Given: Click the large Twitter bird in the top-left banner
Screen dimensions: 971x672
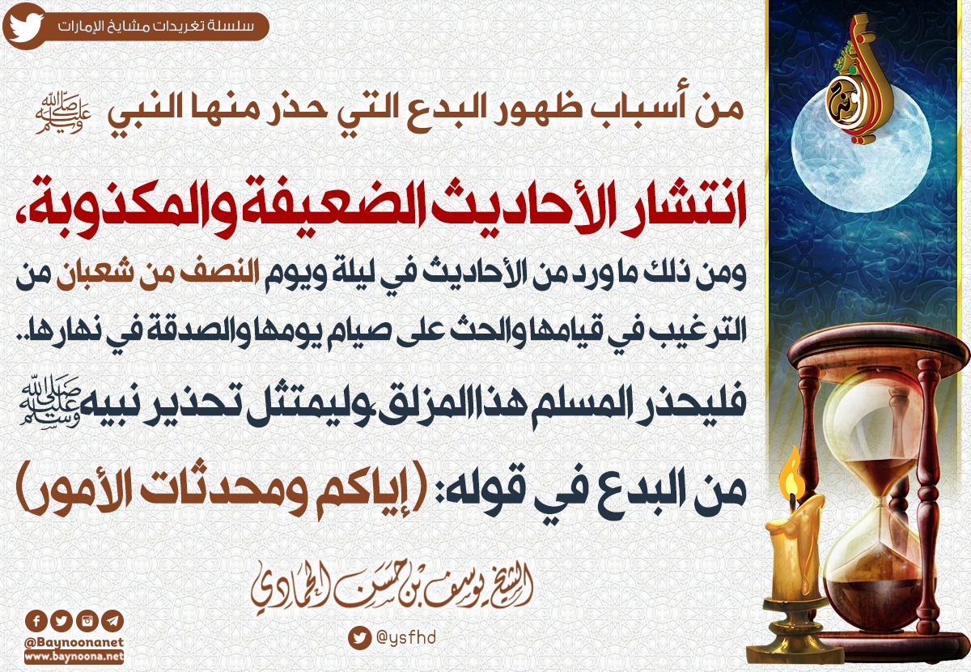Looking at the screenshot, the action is coord(25,28).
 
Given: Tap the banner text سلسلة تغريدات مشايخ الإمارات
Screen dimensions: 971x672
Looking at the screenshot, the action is coord(155,27).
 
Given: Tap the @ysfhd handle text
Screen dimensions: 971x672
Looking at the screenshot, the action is coord(405,638).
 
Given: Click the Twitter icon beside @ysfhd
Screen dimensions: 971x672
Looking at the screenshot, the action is coord(359,638).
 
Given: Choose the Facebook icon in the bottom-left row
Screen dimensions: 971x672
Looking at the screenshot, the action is coord(36,621).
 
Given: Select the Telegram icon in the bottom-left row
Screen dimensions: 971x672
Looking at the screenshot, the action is coord(112,621).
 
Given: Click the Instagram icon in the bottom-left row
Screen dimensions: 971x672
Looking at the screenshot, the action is coord(87,621).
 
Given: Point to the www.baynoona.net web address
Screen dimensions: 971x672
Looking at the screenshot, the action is coord(74,657).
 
